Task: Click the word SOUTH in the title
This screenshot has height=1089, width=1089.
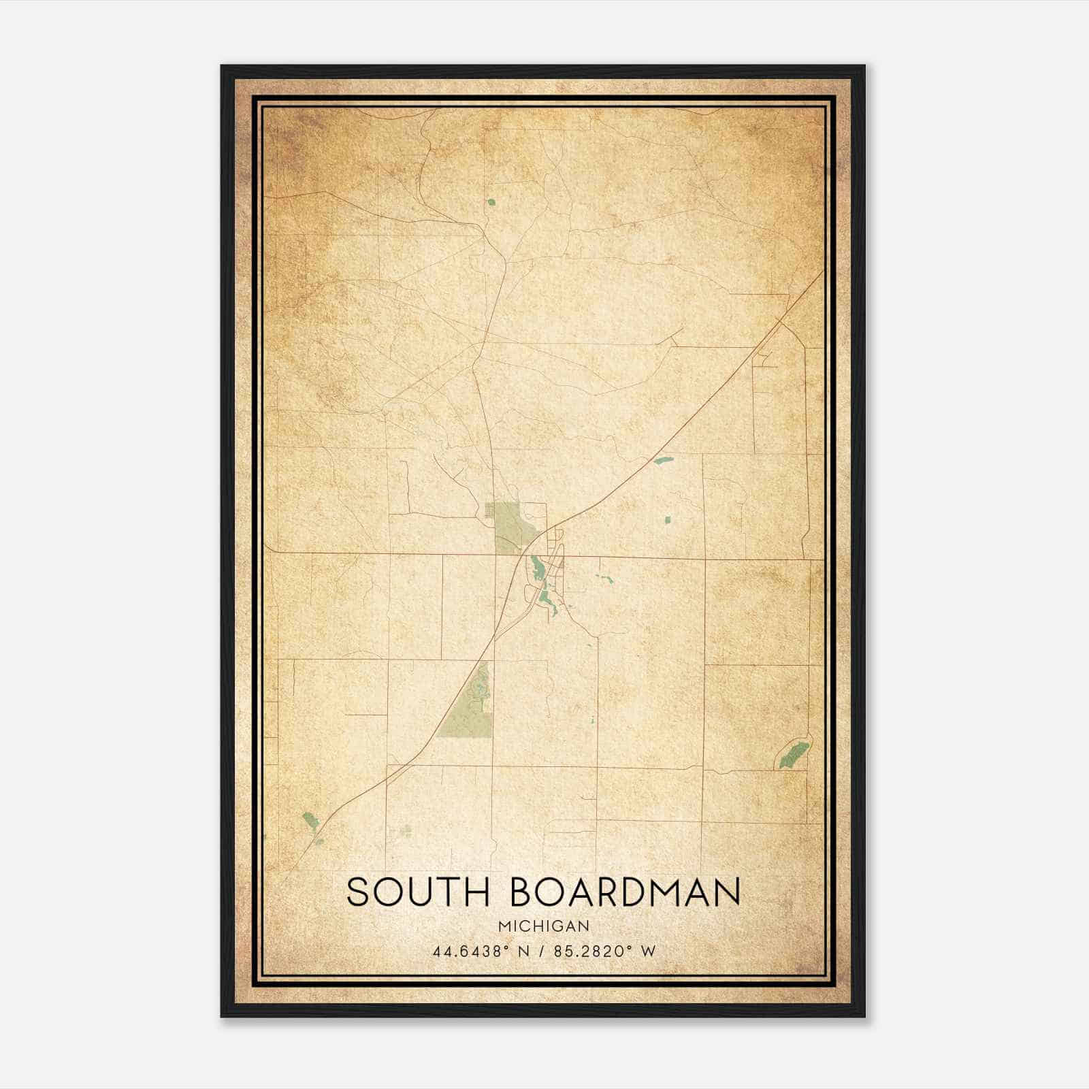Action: pyautogui.click(x=418, y=892)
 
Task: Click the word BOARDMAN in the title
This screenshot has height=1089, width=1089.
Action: pyautogui.click(x=625, y=892)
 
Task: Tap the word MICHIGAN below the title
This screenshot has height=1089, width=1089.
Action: pyautogui.click(x=543, y=926)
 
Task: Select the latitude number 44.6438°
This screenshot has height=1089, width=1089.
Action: pyautogui.click(x=470, y=952)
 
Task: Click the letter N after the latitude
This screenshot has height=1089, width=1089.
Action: pyautogui.click(x=524, y=952)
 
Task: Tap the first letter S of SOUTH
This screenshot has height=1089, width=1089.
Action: pyautogui.click(x=359, y=892)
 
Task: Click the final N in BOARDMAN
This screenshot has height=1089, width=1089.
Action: pyautogui.click(x=728, y=892)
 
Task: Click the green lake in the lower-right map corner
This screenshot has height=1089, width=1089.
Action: pyautogui.click(x=794, y=754)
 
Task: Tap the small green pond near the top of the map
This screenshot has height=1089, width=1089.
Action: pyautogui.click(x=491, y=201)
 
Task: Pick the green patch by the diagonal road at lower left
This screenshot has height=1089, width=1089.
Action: pyautogui.click(x=310, y=822)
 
